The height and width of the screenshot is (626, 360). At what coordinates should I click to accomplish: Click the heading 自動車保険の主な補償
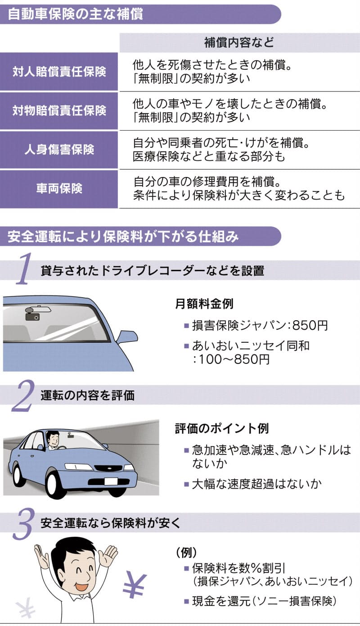pyautogui.click(x=76, y=14)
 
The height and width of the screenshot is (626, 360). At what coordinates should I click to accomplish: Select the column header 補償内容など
pyautogui.click(x=239, y=42)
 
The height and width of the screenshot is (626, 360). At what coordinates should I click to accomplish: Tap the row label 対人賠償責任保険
pyautogui.click(x=59, y=72)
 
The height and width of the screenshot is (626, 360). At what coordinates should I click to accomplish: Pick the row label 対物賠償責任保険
pyautogui.click(x=59, y=111)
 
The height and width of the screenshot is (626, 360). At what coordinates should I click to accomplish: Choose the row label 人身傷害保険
pyautogui.click(x=59, y=150)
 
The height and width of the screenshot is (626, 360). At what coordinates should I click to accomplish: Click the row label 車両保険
pyautogui.click(x=59, y=188)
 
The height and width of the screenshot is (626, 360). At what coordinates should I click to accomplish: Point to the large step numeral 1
pyautogui.click(x=25, y=268)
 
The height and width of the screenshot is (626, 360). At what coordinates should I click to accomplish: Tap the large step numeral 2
pyautogui.click(x=23, y=395)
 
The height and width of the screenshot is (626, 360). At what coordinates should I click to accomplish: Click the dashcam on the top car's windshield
pyautogui.click(x=33, y=316)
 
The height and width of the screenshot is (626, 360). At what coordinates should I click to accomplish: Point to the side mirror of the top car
pyautogui.click(x=126, y=337)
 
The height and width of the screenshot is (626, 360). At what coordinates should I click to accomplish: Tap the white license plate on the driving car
pyautogui.click(x=111, y=481)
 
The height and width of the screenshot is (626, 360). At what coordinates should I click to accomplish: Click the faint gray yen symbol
pyautogui.click(x=25, y=609)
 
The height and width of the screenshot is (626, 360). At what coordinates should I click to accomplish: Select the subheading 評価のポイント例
pyautogui.click(x=222, y=428)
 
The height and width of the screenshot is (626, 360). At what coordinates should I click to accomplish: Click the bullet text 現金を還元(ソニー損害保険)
pyautogui.click(x=264, y=601)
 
